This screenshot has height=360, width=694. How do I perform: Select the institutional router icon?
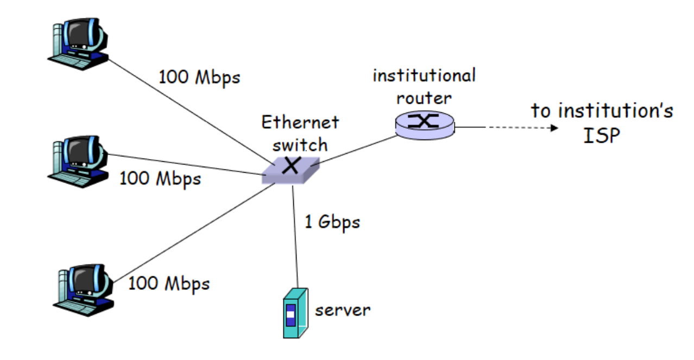pyautogui.click(x=424, y=124)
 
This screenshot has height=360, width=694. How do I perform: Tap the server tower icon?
pyautogui.click(x=295, y=313)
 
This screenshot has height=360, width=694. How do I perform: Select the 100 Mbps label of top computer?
pyautogui.click(x=199, y=77)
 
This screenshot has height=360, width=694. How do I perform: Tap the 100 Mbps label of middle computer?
pyautogui.click(x=160, y=178)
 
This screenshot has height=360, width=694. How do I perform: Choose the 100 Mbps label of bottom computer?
pyautogui.click(x=168, y=283)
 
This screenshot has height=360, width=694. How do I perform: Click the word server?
pyautogui.click(x=342, y=310)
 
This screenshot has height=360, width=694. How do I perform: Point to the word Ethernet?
pyautogui.click(x=300, y=122)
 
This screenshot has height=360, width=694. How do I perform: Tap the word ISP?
pyautogui.click(x=601, y=135)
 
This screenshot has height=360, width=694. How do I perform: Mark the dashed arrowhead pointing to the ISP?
pyautogui.click(x=553, y=128)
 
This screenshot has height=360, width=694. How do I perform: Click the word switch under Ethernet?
pyautogui.click(x=300, y=144)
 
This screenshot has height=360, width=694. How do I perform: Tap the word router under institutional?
pyautogui.click(x=424, y=98)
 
